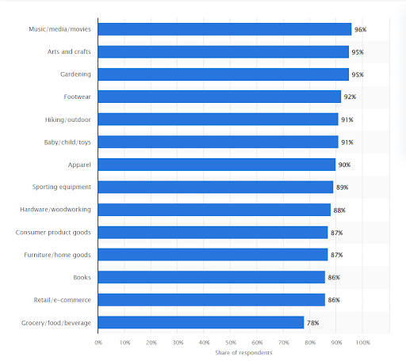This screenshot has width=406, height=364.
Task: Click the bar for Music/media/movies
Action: [224, 29]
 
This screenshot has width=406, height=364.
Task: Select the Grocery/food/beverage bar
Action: [201, 323]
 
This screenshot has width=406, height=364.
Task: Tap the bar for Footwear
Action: [219, 97]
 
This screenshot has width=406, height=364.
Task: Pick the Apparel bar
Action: [216, 165]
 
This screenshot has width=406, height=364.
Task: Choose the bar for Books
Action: [211, 278]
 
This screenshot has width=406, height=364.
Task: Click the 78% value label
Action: [314, 323]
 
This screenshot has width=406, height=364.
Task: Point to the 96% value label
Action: [362, 29]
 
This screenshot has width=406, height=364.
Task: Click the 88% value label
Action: [340, 210]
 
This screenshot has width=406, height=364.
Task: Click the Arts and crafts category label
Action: [69, 51]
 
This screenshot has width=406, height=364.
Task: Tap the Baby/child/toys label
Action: [67, 142]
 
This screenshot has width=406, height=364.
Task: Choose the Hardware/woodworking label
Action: [56, 210]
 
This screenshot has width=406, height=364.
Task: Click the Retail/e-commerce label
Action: [61, 300]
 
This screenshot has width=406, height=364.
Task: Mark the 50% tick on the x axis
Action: [231, 343]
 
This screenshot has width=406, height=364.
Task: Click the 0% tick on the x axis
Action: [98, 343]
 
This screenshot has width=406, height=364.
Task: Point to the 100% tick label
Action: [362, 343]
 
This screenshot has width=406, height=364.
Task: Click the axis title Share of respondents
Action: [243, 353]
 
